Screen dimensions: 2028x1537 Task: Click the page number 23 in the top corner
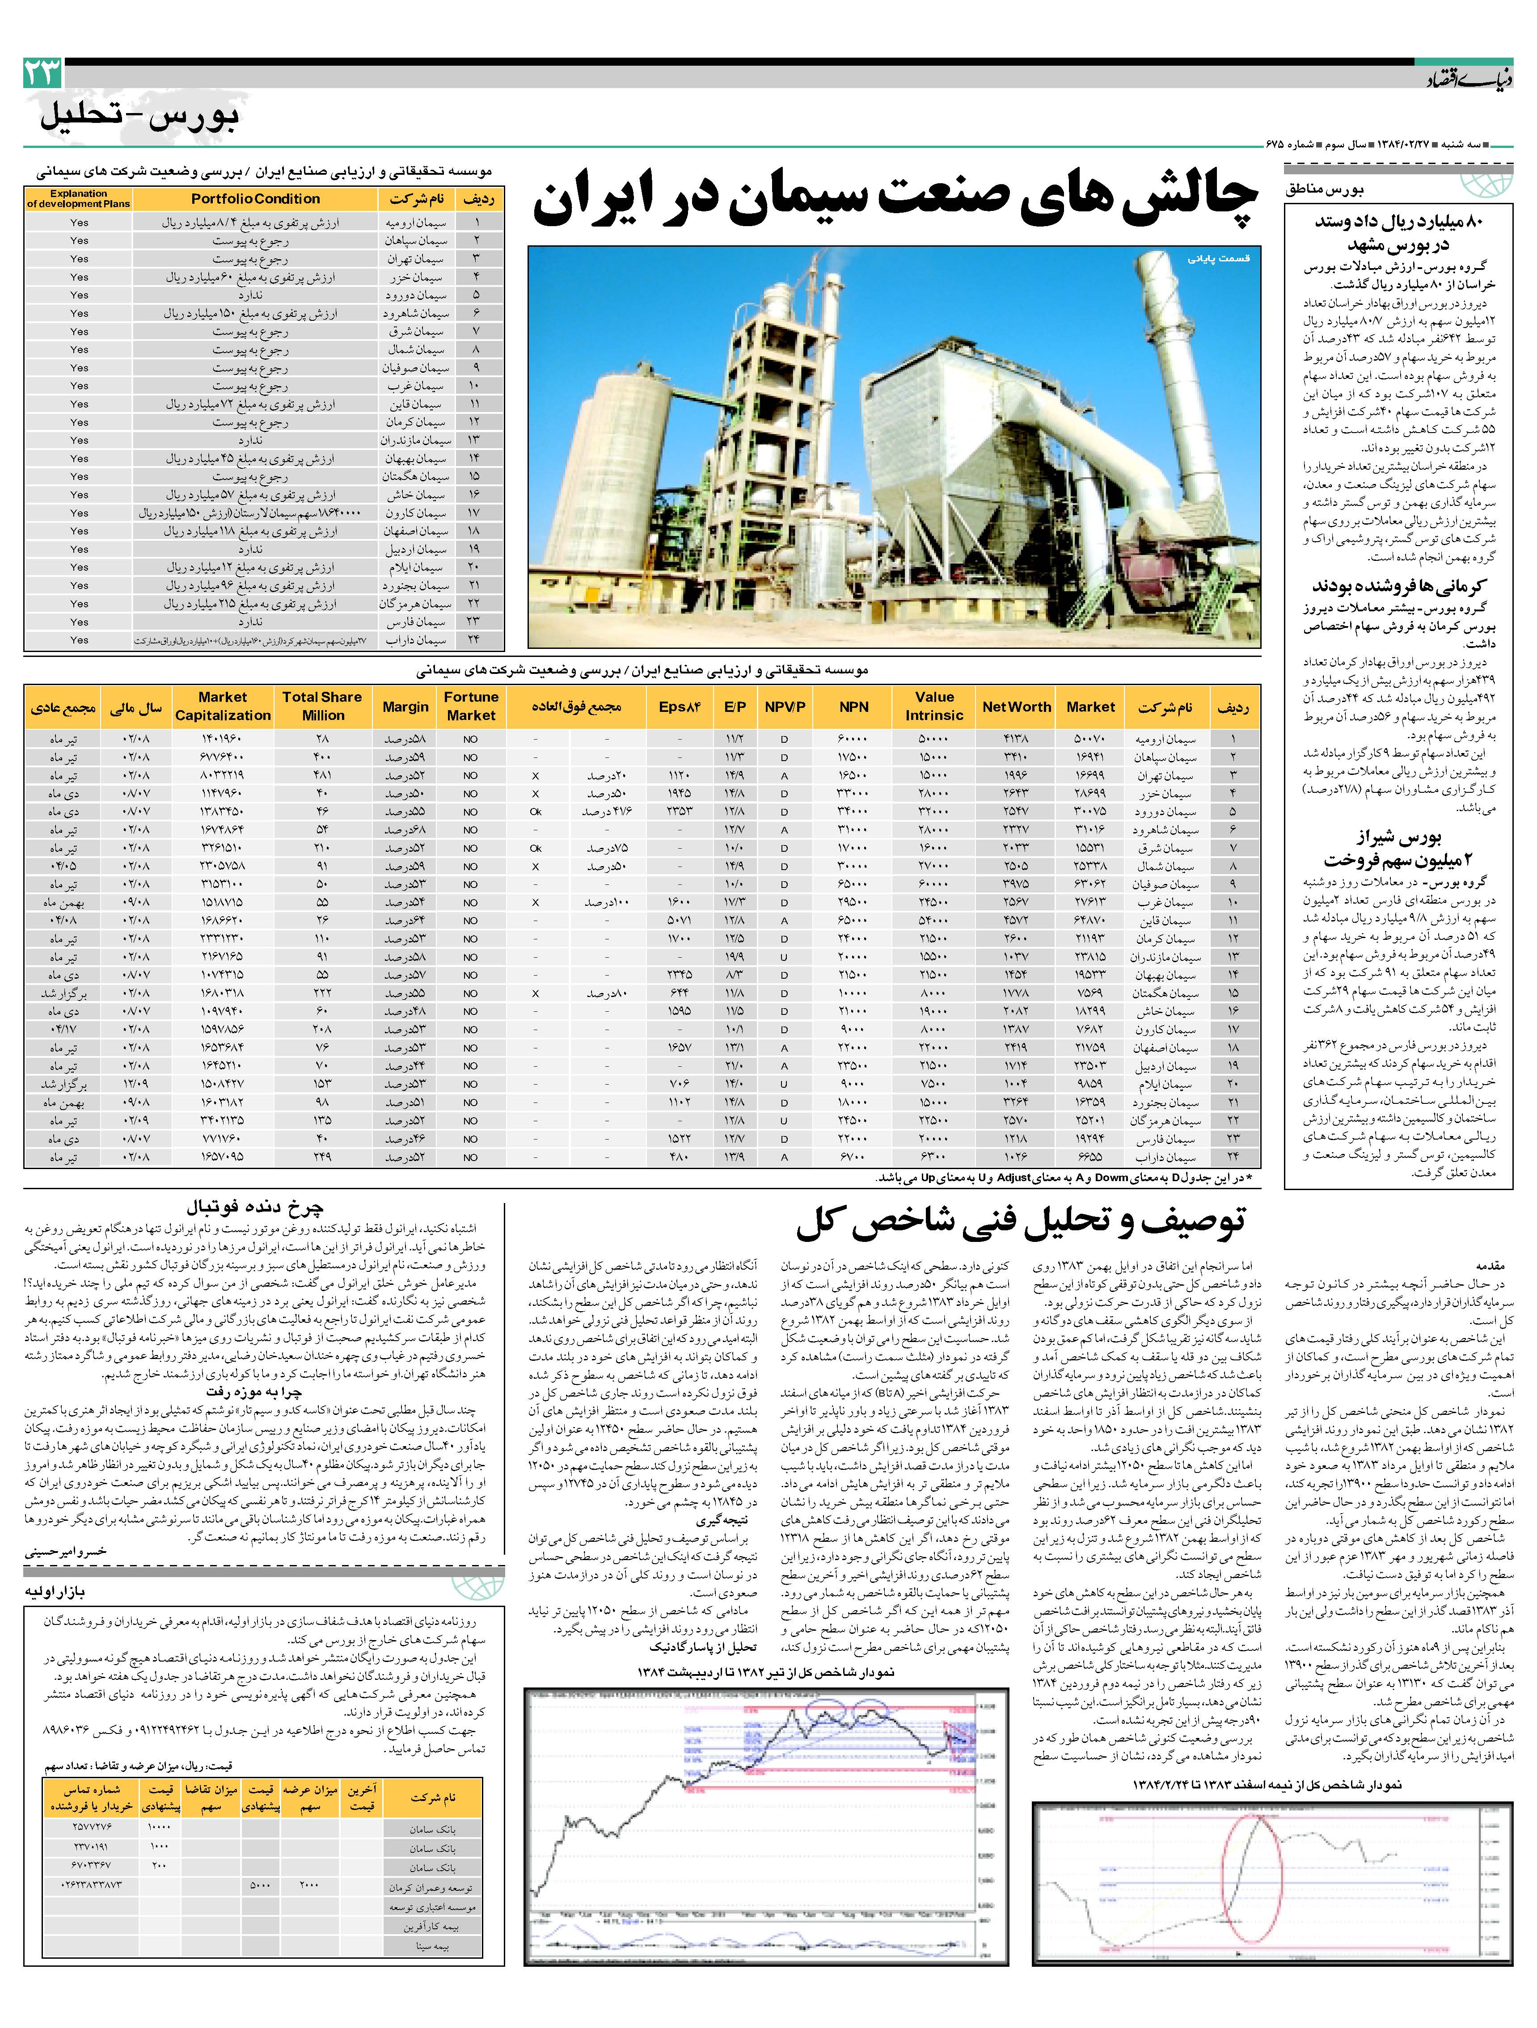43,72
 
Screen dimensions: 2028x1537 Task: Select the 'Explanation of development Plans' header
79,199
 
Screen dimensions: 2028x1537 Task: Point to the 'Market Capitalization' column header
223,706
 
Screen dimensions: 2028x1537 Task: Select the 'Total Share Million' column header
322,706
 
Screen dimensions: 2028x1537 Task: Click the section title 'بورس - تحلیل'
139,117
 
